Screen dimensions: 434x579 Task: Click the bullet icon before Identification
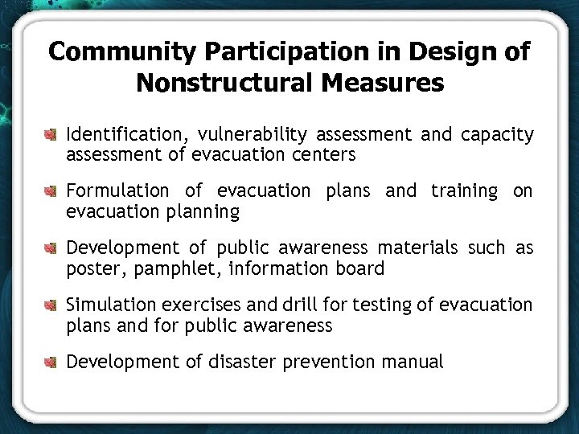[52, 134]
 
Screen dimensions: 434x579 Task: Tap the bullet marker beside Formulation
[52, 191]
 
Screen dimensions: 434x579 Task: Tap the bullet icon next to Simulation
[52, 305]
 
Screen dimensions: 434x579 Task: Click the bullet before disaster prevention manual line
[52, 362]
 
